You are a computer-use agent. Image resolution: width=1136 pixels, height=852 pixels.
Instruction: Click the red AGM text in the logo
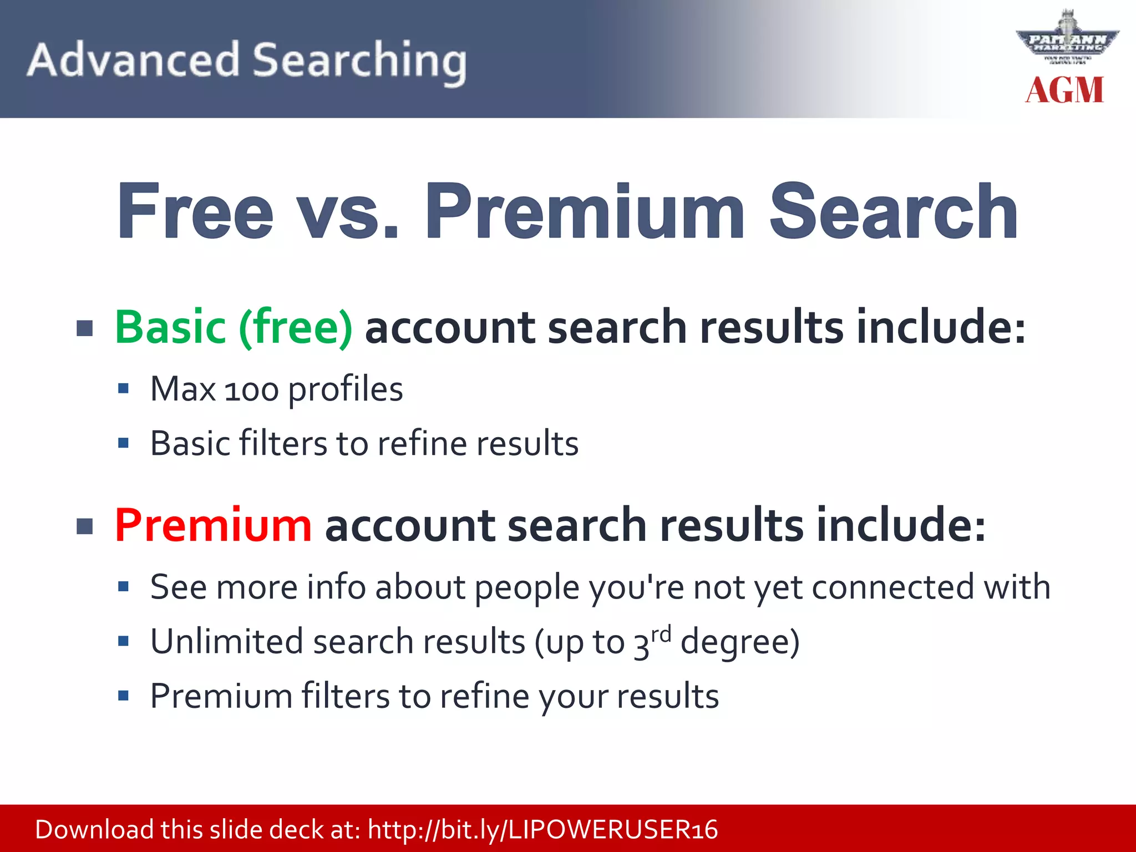(1064, 90)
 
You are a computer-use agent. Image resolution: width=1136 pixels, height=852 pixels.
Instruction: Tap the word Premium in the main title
(585, 211)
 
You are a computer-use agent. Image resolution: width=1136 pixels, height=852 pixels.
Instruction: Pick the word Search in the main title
(893, 211)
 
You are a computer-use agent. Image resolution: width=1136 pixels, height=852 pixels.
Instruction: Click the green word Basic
(170, 327)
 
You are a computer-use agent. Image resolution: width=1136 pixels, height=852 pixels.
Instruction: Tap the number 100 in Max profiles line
(251, 390)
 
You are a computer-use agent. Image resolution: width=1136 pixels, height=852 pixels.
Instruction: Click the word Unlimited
(227, 642)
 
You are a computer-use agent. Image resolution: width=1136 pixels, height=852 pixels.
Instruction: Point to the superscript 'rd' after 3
(661, 633)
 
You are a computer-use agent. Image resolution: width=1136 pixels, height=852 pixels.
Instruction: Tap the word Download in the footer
(94, 830)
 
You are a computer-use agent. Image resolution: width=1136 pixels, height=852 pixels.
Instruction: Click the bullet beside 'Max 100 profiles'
(123, 388)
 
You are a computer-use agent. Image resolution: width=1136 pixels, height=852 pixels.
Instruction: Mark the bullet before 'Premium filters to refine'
(123, 696)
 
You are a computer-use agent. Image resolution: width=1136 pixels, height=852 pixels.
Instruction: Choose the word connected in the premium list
(892, 587)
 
